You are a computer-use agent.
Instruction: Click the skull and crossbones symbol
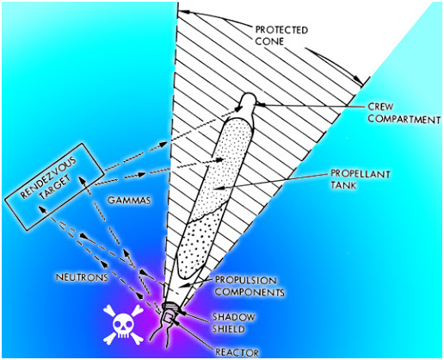tap(123, 324)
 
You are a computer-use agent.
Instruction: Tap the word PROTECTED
tap(281, 30)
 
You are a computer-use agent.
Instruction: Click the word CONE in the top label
tap(269, 41)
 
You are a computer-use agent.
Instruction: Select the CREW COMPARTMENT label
tap(404, 113)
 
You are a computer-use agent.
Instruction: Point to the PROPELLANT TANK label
tap(361, 179)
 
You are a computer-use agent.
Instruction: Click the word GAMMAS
tap(129, 200)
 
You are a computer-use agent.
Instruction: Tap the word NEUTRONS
tap(82, 277)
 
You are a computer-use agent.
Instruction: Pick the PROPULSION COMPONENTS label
tap(250, 286)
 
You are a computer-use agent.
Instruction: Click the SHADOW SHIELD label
tap(233, 323)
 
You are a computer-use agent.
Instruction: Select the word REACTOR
tap(237, 352)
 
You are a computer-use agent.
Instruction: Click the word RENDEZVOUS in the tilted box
tap(48, 177)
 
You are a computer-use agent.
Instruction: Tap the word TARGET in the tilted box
tap(55, 188)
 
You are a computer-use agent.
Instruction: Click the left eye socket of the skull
tap(119, 325)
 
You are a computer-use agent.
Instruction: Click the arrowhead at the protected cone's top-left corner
tap(183, 12)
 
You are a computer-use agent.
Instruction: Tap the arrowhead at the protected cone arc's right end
tap(358, 79)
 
